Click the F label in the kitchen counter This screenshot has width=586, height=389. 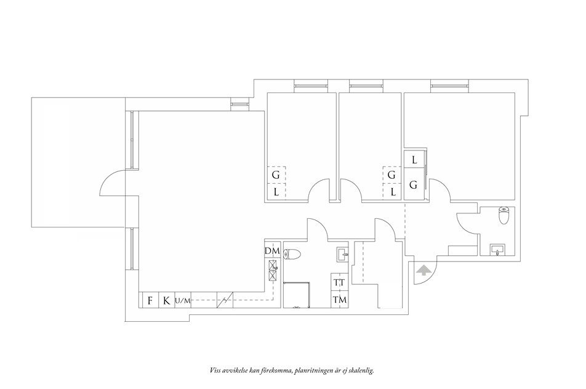point(150,300)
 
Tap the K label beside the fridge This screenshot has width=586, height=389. point(166,300)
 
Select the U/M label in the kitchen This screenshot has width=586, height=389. point(182,301)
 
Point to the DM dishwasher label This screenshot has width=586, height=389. point(273,251)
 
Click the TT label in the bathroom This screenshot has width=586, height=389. point(339,283)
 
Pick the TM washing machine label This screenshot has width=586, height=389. point(340,300)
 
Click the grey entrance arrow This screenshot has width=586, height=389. point(423,270)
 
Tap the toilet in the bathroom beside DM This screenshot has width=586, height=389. point(292,255)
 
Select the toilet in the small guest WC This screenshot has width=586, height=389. point(504,216)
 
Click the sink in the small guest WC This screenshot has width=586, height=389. point(497,249)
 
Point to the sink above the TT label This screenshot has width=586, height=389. point(342,254)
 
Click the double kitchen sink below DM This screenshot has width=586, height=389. point(273,271)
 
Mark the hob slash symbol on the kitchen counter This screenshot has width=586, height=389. point(225,300)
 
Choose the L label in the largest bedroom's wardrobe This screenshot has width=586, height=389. point(414,160)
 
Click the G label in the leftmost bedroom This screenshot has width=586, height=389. point(276,175)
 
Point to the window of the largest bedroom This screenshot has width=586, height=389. point(449,86)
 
